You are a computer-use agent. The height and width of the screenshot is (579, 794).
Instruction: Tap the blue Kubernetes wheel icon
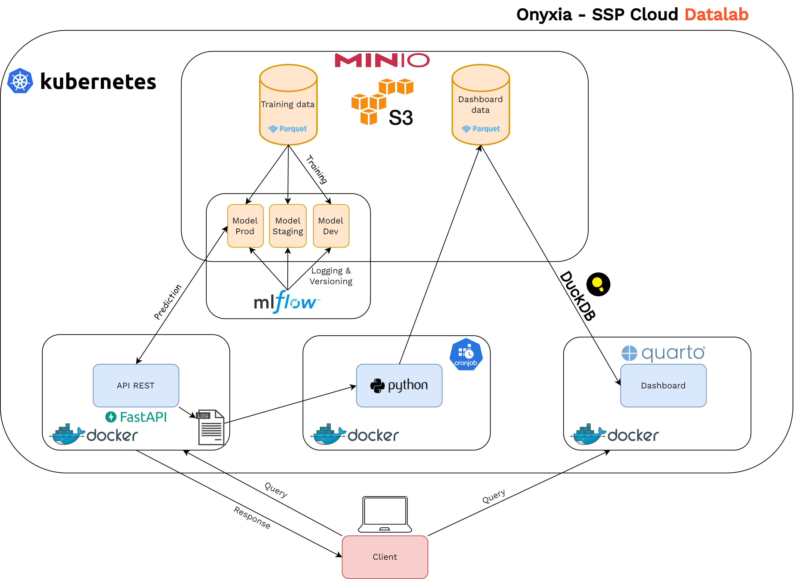pos(20,81)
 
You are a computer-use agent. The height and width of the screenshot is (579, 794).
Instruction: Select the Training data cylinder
pos(288,105)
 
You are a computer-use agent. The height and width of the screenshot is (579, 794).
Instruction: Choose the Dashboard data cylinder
pos(481,105)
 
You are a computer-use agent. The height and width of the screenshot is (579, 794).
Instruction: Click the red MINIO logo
pos(382,60)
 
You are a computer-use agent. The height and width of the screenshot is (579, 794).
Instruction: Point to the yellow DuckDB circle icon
pos(598,284)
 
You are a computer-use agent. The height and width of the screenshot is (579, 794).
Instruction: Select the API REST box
pos(136,386)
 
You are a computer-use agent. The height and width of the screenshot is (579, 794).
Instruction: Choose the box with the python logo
pos(399,386)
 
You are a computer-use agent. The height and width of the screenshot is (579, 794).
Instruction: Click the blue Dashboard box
pos(663,386)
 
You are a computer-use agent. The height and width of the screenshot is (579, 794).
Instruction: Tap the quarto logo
pos(663,353)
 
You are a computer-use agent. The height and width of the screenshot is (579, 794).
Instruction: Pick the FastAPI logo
pos(136,417)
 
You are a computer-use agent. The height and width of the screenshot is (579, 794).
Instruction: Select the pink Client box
pos(385,557)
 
